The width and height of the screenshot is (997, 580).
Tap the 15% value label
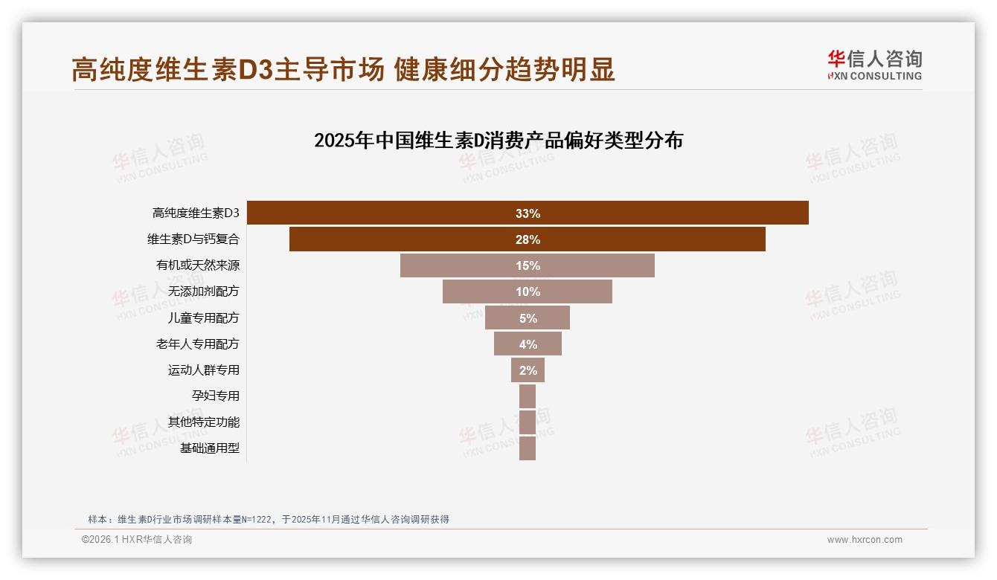[528, 266]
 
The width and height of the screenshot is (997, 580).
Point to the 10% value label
[528, 292]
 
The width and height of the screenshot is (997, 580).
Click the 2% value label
[528, 370]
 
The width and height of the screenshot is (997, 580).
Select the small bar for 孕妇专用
[528, 396]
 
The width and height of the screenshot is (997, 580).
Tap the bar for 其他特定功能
[528, 422]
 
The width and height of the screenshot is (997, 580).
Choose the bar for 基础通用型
[528, 448]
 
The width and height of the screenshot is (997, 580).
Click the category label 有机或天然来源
[198, 265]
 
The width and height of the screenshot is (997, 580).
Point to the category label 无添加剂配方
[204, 291]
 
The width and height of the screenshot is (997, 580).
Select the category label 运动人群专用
[204, 370]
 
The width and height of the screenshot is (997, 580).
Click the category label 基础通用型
[210, 448]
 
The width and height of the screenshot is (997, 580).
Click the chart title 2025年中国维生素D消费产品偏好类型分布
[499, 141]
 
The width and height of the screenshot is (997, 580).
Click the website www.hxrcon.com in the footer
[865, 540]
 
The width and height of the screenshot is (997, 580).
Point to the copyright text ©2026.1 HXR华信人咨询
[137, 540]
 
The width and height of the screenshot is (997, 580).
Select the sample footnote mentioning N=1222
[269, 519]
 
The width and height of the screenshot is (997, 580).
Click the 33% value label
[528, 213]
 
